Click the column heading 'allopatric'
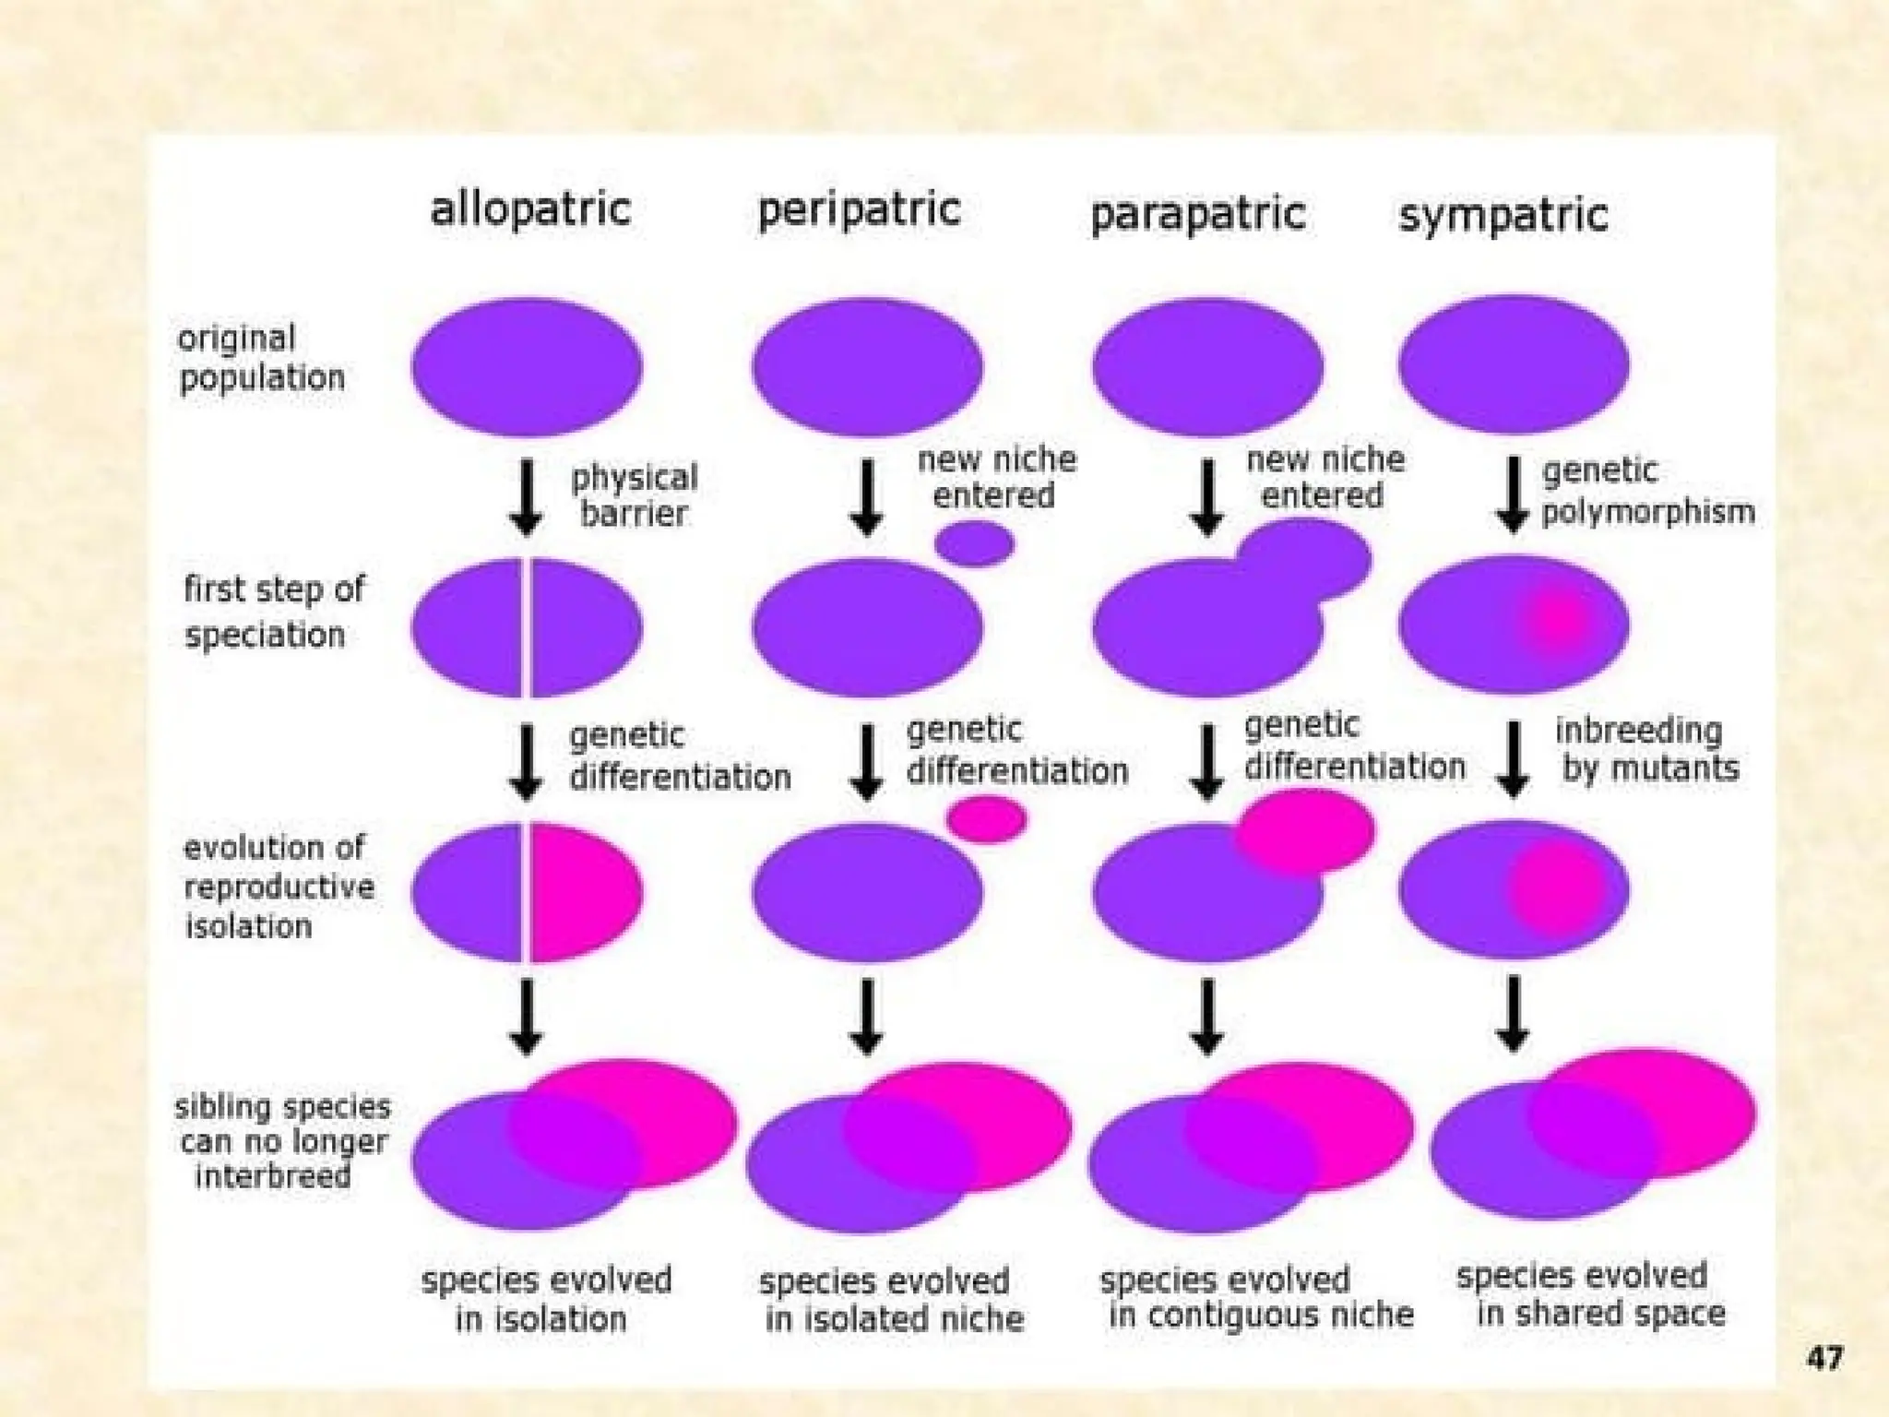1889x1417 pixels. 530,209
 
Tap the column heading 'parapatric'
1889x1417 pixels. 1197,215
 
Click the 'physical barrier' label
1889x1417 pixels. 634,495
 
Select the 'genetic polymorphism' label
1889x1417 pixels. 1647,491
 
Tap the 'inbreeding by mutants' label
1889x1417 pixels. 1647,749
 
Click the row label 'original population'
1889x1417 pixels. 261,358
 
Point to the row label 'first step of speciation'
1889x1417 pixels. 274,611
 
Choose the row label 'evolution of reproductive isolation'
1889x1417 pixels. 279,887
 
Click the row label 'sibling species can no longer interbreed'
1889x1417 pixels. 281,1141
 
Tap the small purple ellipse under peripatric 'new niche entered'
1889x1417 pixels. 974,543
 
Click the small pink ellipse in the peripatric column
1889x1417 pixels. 987,819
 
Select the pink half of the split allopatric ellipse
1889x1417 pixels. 583,891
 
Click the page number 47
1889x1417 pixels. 1824,1358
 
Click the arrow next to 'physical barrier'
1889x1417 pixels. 526,497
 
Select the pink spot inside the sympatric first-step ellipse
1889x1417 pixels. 1557,621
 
